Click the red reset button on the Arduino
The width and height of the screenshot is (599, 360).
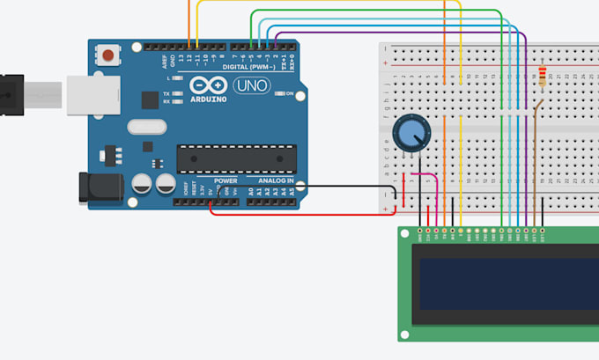[x=108, y=55]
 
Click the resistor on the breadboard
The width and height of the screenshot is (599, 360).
[x=541, y=77]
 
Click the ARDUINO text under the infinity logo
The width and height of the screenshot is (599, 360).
[x=208, y=99]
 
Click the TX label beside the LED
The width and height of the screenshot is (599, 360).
[x=166, y=93]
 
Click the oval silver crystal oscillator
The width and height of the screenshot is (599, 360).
[x=145, y=127]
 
